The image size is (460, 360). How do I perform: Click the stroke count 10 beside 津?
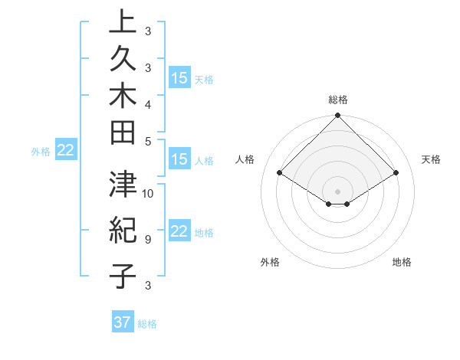tap(148, 194)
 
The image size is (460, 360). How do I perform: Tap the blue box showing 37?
tap(123, 322)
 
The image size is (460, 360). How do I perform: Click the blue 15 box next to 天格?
tap(179, 78)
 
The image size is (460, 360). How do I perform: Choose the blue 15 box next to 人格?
tap(179, 159)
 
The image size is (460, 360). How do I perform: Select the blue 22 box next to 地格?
tap(179, 231)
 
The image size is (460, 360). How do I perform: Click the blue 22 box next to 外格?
tap(66, 150)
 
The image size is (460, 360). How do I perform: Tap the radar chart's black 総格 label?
tap(338, 100)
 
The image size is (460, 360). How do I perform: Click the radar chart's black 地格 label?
tap(402, 262)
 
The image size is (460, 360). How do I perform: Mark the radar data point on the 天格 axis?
tap(396, 173)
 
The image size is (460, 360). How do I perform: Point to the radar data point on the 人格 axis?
tap(280, 173)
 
